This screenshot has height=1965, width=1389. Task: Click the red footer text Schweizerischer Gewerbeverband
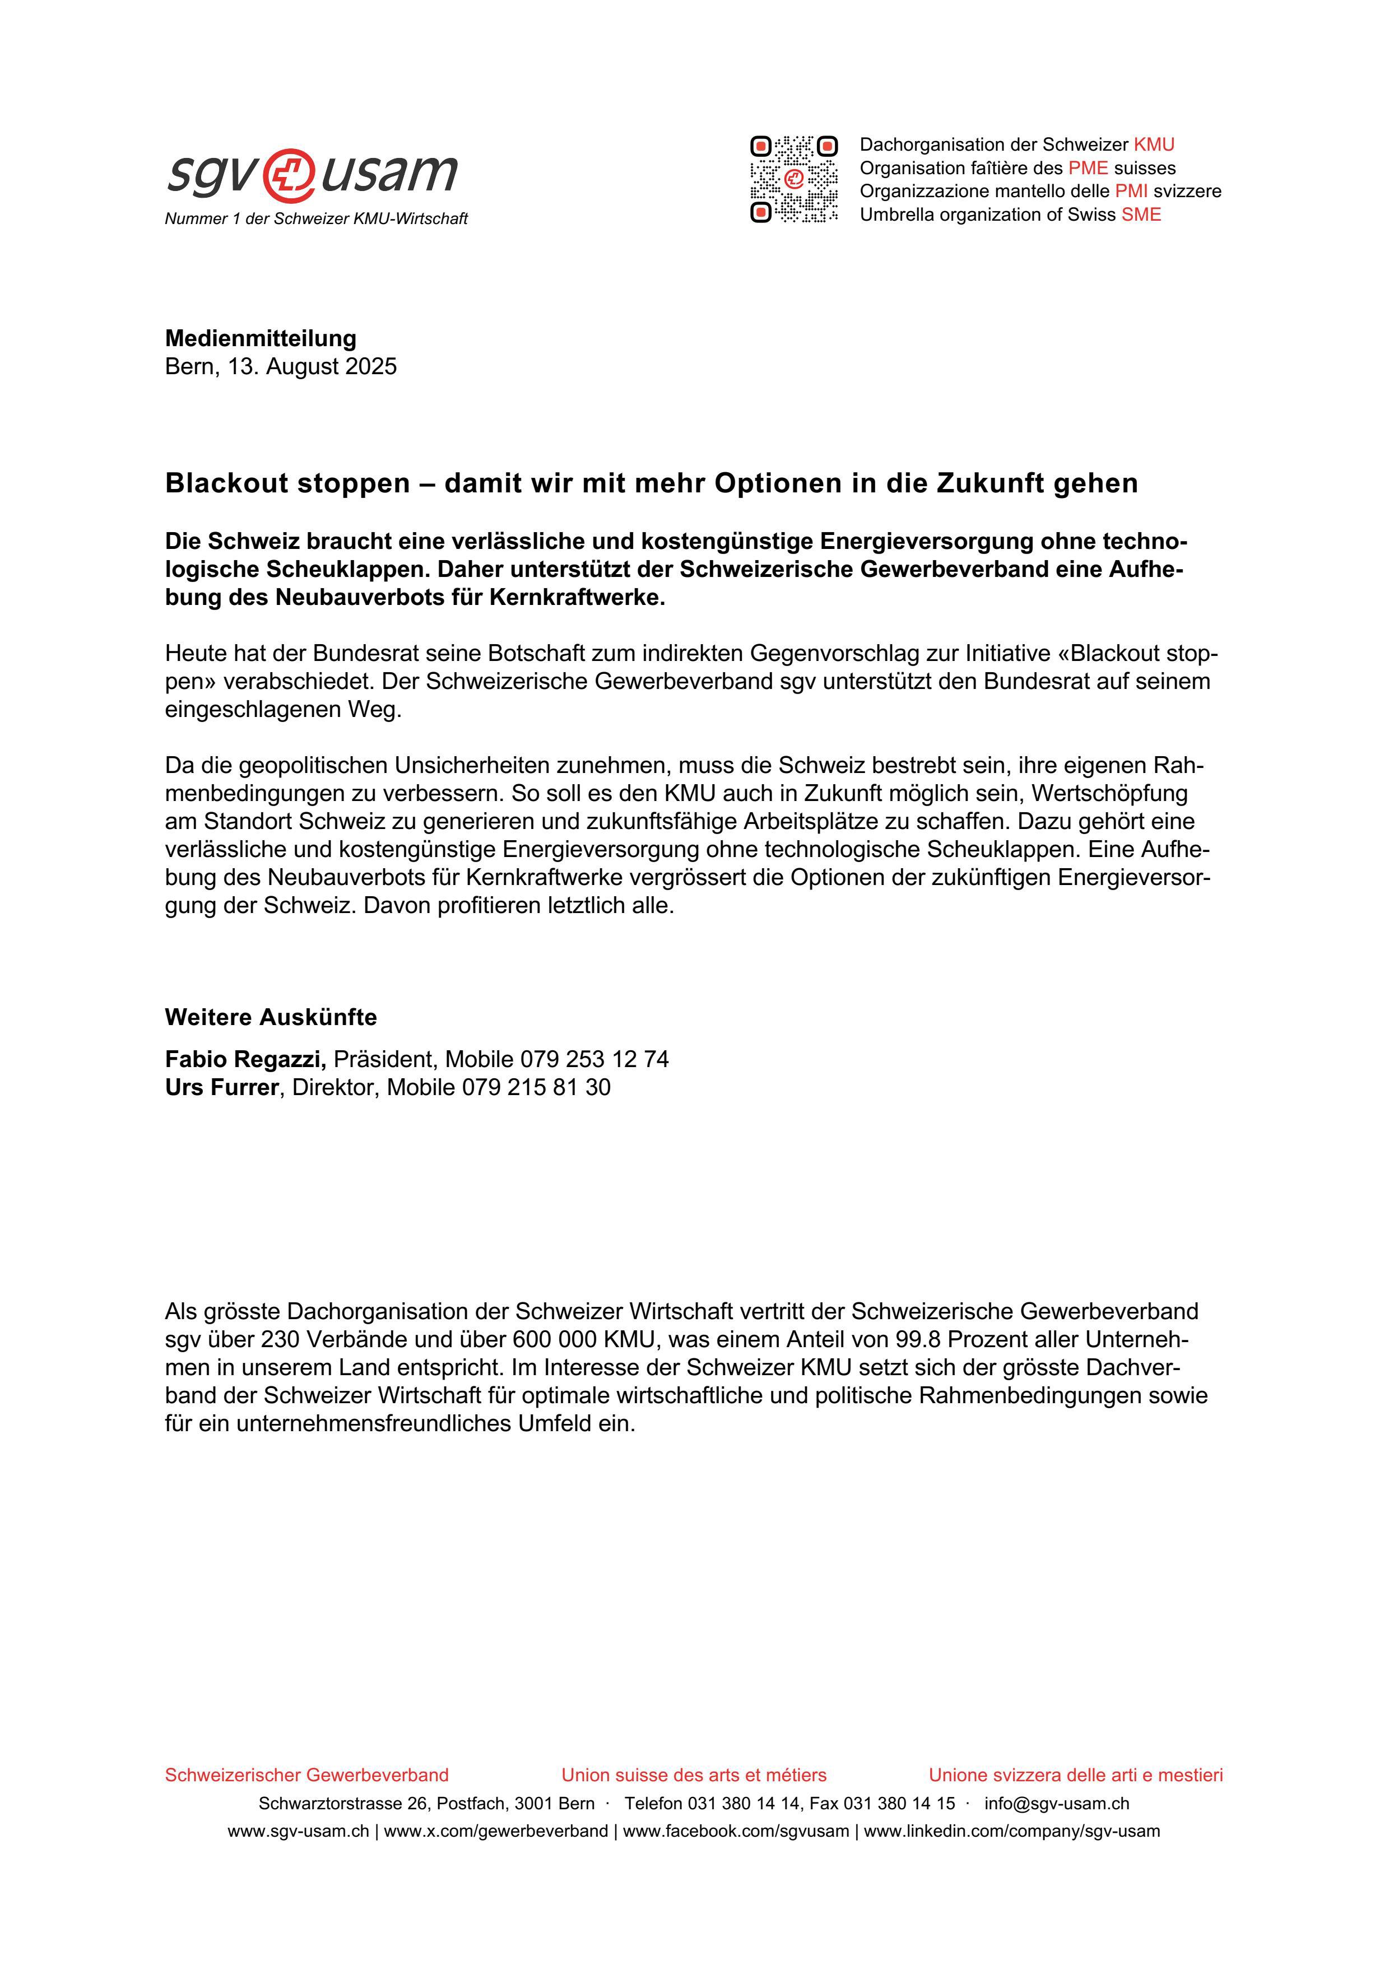tap(306, 1775)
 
